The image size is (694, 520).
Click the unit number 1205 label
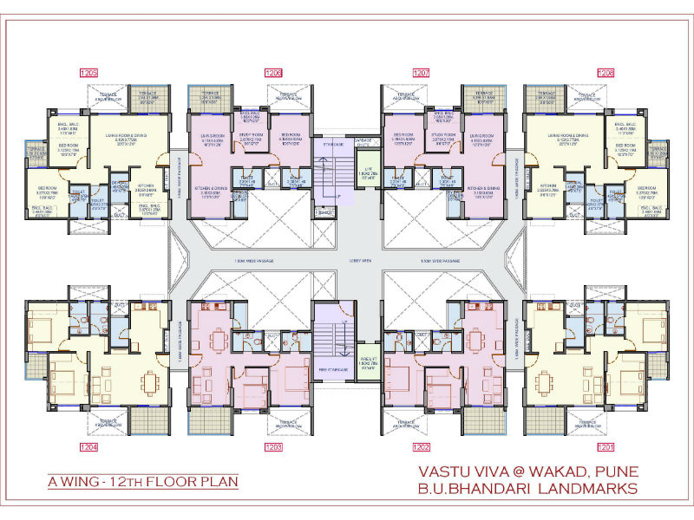(x=89, y=73)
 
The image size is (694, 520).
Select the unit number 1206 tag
(x=273, y=73)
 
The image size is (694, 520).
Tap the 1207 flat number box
(x=422, y=73)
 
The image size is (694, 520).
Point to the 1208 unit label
(x=605, y=73)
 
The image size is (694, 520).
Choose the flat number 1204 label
(x=89, y=447)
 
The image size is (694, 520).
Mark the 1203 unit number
(x=273, y=447)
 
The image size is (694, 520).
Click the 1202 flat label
(x=422, y=447)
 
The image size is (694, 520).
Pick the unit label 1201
(x=605, y=447)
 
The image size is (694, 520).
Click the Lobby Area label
(x=347, y=260)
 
